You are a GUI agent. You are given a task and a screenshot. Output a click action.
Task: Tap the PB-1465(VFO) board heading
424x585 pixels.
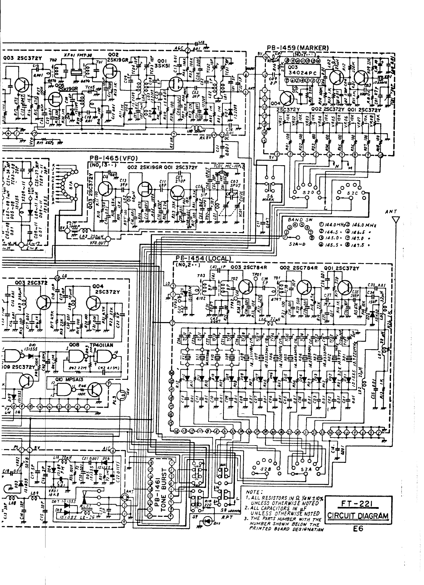(114, 158)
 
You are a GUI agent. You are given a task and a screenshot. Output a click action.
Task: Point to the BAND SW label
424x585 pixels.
(296, 220)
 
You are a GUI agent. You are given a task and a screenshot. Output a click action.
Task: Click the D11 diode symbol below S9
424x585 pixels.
(207, 521)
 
